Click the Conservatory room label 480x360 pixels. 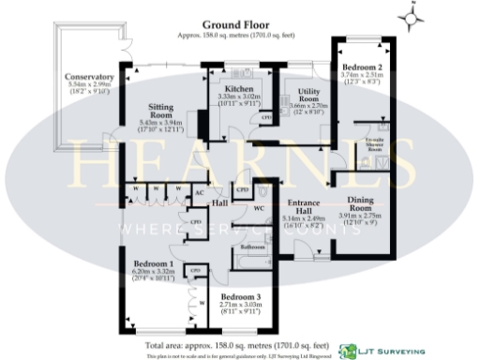[90, 77]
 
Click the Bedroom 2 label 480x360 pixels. [360, 68]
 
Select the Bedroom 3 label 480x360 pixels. [240, 298]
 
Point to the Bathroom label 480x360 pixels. [254, 247]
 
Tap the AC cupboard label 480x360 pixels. [199, 193]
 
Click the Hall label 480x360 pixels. [220, 203]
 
